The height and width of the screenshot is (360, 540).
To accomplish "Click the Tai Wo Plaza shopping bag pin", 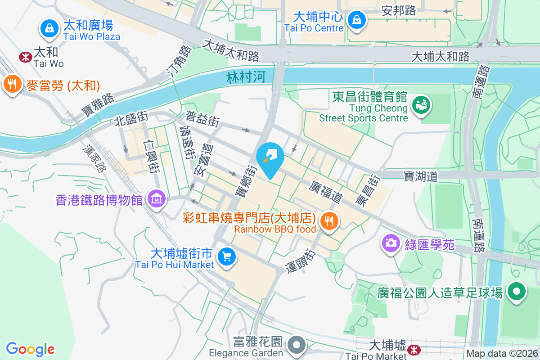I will [x=49, y=28].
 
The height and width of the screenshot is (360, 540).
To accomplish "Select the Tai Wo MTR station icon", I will [x=25, y=57].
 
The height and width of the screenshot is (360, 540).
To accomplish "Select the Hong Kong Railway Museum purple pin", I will [x=156, y=198].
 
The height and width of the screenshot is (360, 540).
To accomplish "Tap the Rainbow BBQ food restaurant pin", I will [x=329, y=221].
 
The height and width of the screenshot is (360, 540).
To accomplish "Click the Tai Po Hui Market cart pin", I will [x=226, y=257].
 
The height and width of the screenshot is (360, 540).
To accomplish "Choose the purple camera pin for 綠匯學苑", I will [x=390, y=243].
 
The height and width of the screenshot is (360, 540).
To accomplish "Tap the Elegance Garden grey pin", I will [x=297, y=345].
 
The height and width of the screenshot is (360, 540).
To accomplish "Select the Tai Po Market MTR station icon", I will [x=413, y=349].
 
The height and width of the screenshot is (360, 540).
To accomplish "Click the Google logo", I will [x=31, y=349].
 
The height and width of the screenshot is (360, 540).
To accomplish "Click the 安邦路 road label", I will [x=398, y=10].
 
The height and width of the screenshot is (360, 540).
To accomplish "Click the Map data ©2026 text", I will [x=502, y=353].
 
